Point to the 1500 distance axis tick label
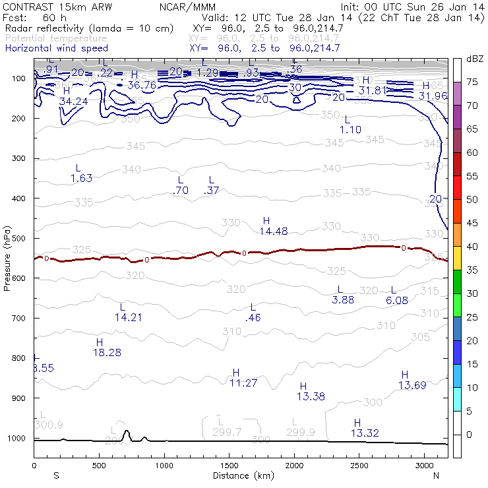pyautogui.click(x=229, y=466)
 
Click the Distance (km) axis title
pyautogui.click(x=241, y=475)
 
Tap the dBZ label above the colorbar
pyautogui.click(x=474, y=59)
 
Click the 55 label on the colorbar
pyautogui.click(x=472, y=176)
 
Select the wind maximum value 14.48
pyautogui.click(x=273, y=231)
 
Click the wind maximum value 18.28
pyautogui.click(x=107, y=353)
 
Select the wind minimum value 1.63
pyautogui.click(x=81, y=178)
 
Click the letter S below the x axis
pyautogui.click(x=56, y=475)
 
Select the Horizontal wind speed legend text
pyautogui.click(x=56, y=48)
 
